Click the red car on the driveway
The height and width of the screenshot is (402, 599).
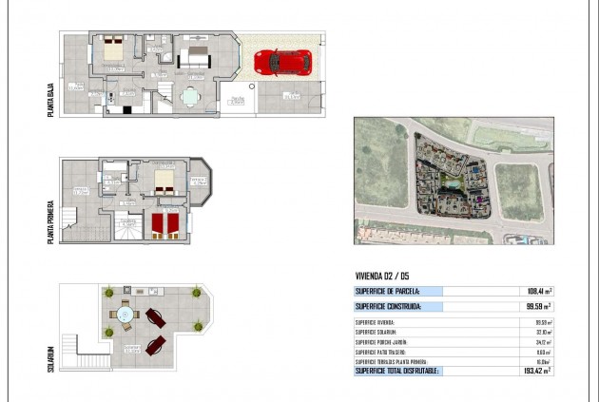282,62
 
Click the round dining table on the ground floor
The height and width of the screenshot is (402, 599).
192,94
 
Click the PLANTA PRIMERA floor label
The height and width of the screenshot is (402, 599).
50,221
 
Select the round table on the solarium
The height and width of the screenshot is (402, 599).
126,315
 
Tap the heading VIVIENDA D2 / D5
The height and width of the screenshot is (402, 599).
385,278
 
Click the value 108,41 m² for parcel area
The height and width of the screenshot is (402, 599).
536,292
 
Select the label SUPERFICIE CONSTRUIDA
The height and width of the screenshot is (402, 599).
387,307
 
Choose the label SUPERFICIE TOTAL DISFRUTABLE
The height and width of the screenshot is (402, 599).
396,370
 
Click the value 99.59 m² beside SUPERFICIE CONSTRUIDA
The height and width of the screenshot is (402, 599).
537,307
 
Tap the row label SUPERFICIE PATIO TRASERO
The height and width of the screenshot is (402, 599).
383,351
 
